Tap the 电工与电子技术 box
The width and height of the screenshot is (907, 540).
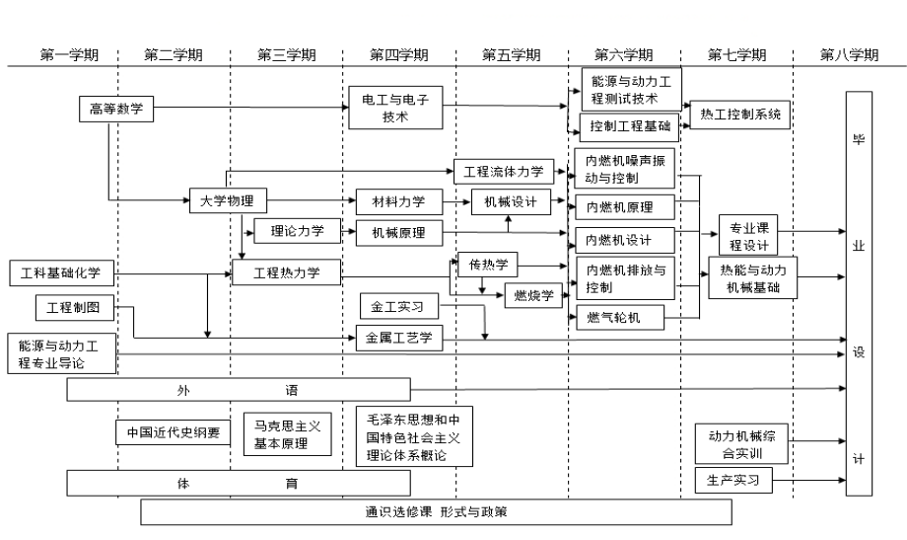pos(395,109)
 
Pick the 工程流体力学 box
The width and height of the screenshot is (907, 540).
pos(504,172)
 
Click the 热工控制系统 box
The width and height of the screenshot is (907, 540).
pos(740,116)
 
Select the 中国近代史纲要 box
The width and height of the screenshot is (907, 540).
pos(174,432)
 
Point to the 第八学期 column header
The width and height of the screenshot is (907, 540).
pos(849,55)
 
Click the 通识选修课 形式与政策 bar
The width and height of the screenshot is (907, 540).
pos(436,511)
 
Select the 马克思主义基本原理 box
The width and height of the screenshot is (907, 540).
pos(287,432)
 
